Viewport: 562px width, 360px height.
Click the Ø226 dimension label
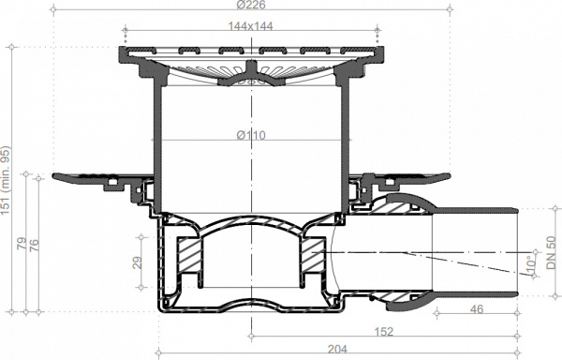(251, 5)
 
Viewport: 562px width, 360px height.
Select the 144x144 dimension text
(250, 26)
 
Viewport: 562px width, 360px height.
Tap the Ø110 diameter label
(251, 135)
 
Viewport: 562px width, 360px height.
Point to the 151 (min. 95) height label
(6, 180)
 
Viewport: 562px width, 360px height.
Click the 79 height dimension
(22, 244)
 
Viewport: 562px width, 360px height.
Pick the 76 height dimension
(34, 245)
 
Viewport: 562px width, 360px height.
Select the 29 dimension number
(138, 262)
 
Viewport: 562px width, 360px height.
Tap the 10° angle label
(531, 262)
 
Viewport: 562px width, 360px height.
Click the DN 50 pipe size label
(552, 252)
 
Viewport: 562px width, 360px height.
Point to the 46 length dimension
(477, 308)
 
